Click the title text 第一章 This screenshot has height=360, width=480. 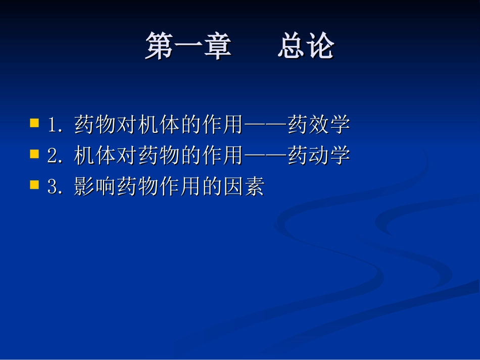(188, 47)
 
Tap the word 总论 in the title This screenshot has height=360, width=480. (305, 47)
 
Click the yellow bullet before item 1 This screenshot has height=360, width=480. (34, 123)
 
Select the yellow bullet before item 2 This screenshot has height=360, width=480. (34, 155)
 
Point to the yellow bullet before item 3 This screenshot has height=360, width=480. (34, 186)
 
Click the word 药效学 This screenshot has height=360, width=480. (318, 125)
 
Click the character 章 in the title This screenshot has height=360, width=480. (217, 47)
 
